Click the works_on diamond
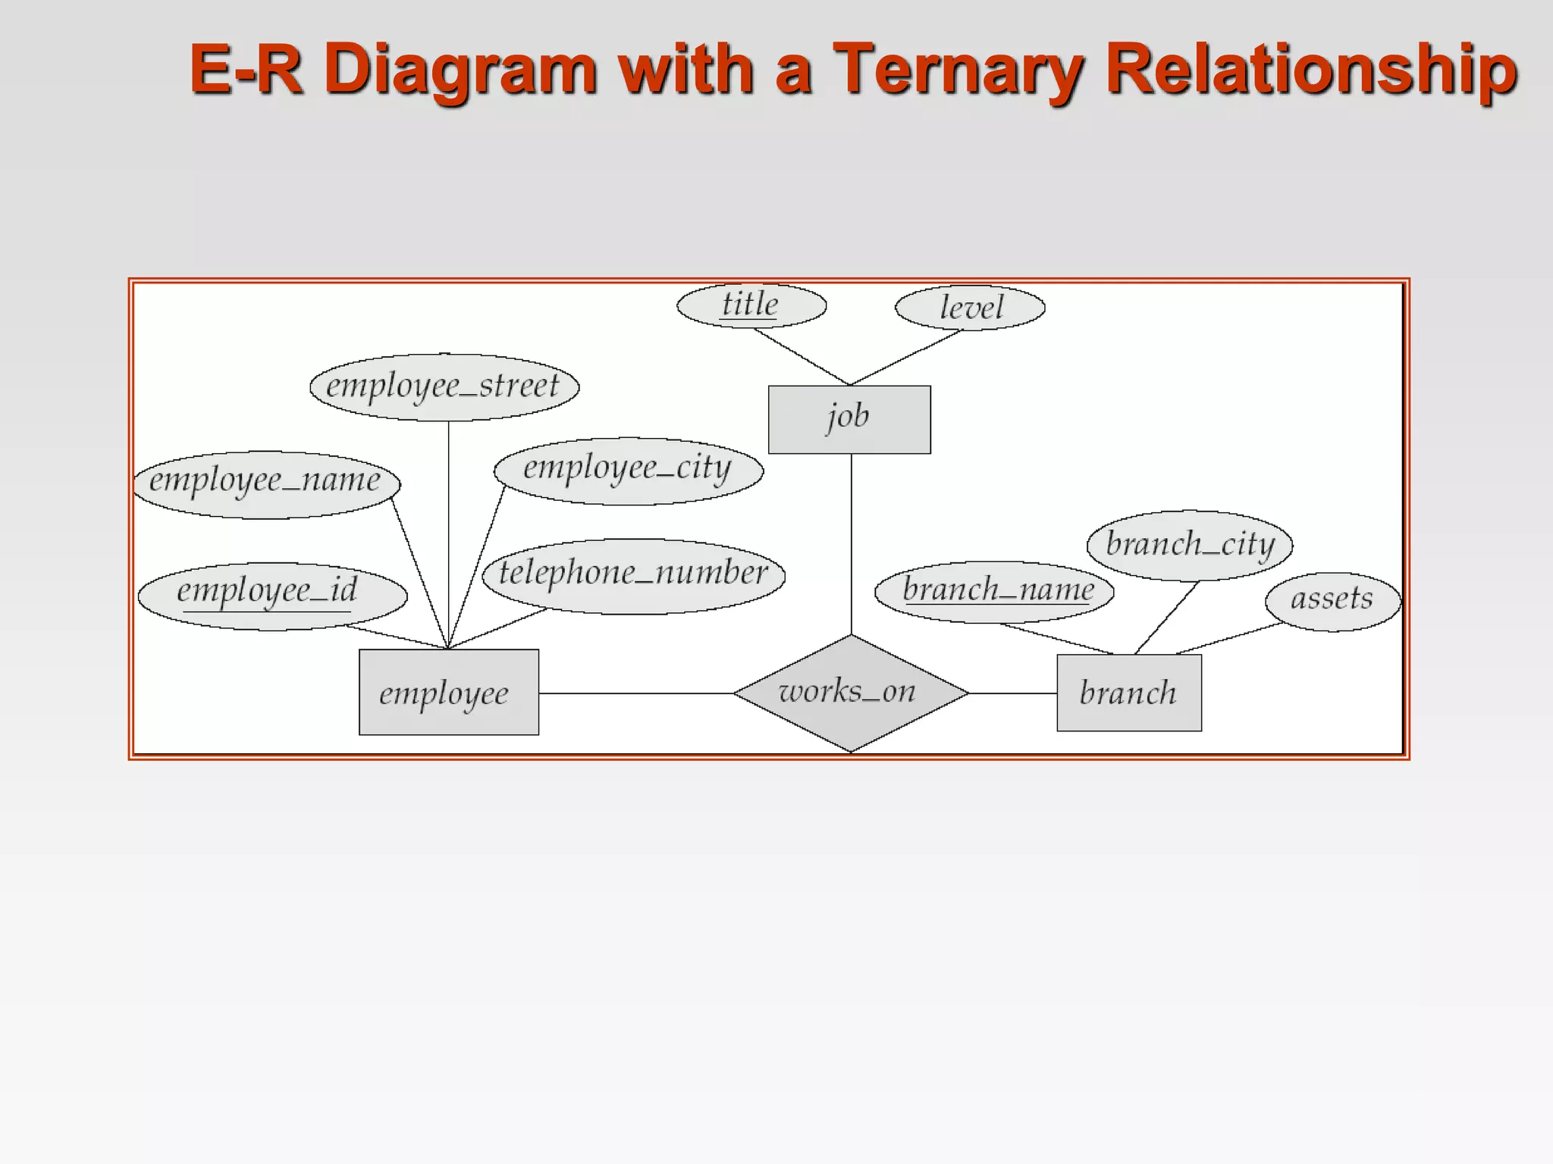tap(850, 693)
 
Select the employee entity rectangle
tap(448, 692)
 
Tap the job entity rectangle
tap(849, 419)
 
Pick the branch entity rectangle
tap(1128, 693)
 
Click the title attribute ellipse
tap(751, 305)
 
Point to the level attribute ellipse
tap(970, 308)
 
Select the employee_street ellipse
tap(444, 386)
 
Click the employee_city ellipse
tap(628, 470)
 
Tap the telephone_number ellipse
tap(633, 575)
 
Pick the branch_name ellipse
tap(994, 592)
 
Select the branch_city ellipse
tap(1189, 545)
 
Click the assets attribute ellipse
tap(1332, 601)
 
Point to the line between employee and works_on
tap(635, 693)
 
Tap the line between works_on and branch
tap(1012, 693)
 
